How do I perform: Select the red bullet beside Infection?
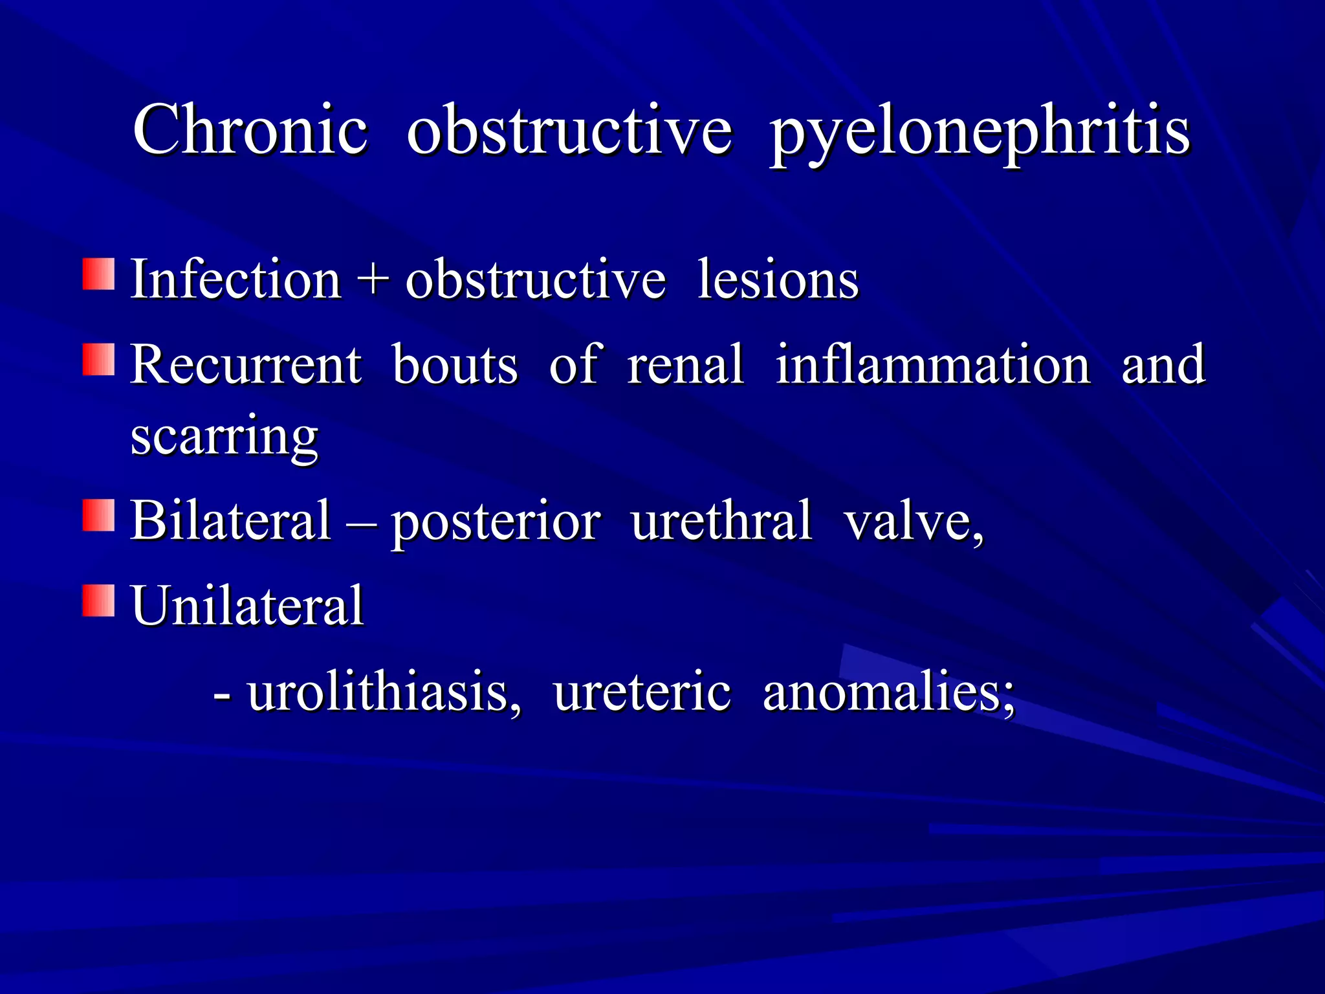(x=98, y=274)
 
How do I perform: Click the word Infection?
(x=236, y=280)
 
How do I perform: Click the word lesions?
(x=778, y=280)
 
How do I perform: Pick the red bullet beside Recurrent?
(x=98, y=360)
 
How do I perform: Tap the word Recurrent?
(x=246, y=365)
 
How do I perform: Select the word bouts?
(x=455, y=365)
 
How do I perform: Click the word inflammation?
(x=933, y=365)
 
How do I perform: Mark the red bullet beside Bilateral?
(x=98, y=515)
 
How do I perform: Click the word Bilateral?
(x=231, y=521)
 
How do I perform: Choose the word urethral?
(x=721, y=521)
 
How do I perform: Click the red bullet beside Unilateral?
(x=98, y=600)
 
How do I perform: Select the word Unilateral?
(x=248, y=606)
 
